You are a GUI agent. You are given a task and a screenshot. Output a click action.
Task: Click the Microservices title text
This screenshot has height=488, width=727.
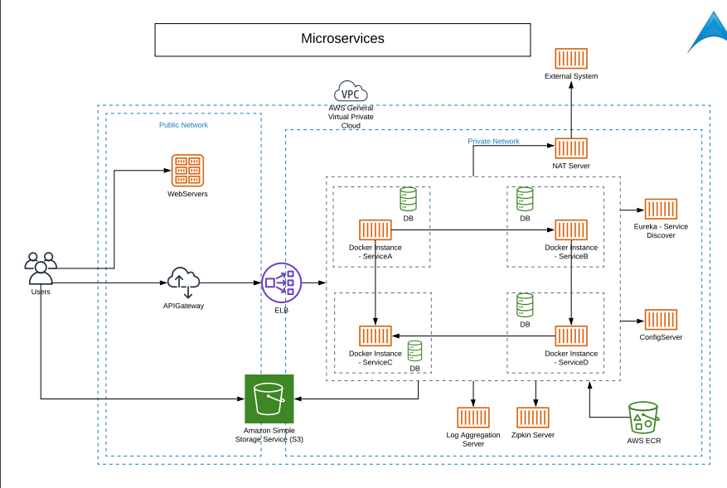(342, 39)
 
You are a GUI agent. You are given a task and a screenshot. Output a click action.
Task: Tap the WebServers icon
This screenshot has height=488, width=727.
(187, 171)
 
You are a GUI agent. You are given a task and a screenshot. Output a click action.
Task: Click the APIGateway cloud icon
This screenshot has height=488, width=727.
(183, 282)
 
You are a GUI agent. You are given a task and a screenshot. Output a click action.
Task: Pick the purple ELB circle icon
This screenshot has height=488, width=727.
(282, 283)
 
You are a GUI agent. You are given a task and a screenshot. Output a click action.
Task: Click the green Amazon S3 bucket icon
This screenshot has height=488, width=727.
(269, 399)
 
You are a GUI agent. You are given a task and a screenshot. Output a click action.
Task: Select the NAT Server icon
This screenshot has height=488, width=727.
(571, 148)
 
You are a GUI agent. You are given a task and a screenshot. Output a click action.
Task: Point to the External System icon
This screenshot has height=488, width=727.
(571, 58)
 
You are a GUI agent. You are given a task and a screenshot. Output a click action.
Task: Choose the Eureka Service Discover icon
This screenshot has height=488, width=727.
(661, 209)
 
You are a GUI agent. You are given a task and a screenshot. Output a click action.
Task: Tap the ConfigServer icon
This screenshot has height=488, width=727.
(661, 320)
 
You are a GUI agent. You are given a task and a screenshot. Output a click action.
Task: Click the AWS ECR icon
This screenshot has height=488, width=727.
(643, 418)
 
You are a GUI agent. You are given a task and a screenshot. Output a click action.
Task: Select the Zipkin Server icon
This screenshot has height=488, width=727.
(533, 417)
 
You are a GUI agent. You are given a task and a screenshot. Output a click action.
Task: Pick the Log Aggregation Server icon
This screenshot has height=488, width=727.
(473, 417)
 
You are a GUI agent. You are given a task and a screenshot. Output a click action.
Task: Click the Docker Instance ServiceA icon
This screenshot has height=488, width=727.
(376, 230)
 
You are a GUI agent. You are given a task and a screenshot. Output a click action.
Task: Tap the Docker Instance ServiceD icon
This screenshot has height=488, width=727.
(571, 336)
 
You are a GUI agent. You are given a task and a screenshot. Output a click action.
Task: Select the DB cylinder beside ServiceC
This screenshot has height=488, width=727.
(414, 350)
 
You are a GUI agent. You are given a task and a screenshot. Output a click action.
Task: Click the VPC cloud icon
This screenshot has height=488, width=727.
(351, 91)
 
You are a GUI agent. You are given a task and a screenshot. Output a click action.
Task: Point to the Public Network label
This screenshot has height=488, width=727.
(183, 125)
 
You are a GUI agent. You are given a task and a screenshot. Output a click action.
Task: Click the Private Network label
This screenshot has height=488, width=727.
(493, 142)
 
